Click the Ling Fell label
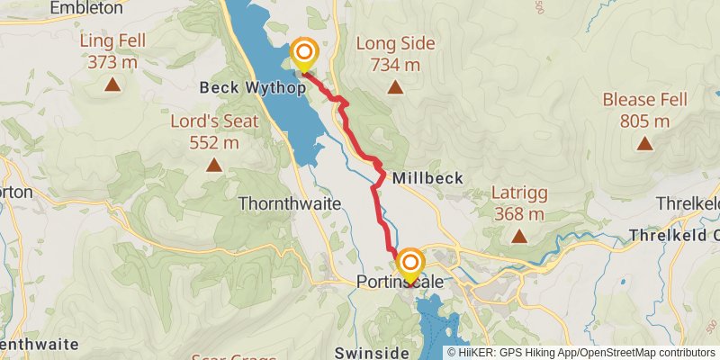coord(112,42)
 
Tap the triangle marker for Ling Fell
coord(112,85)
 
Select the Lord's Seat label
coord(214,121)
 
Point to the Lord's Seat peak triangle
coord(214,165)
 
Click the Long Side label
coord(395,43)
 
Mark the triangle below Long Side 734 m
coord(395,86)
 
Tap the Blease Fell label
coord(644,100)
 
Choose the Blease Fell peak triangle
coord(644,142)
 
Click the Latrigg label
coord(519,193)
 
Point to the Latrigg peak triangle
coord(519,236)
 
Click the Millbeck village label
coord(427,178)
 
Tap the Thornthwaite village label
coord(290,204)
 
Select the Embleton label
coord(86,8)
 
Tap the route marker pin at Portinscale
coord(410,265)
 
